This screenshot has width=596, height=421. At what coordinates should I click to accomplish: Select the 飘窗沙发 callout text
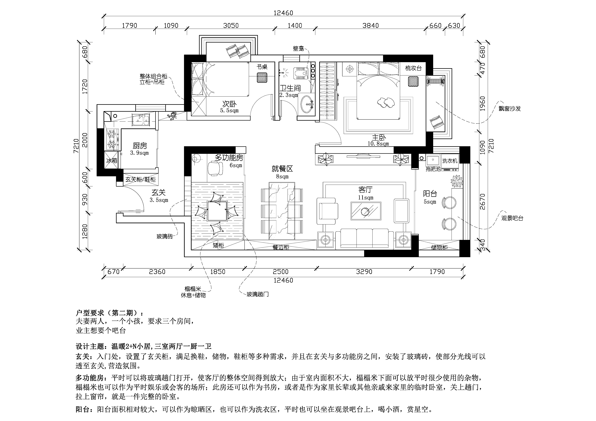tap(510, 109)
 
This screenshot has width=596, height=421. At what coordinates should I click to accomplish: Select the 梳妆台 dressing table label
tap(414, 68)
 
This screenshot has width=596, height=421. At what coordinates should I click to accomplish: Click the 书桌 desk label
tap(262, 67)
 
